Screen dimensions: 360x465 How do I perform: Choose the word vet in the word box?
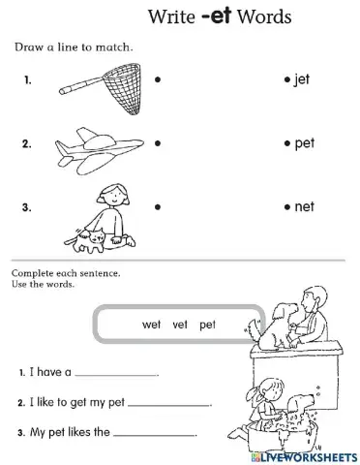(175, 325)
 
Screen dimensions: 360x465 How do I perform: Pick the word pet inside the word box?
(207, 325)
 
